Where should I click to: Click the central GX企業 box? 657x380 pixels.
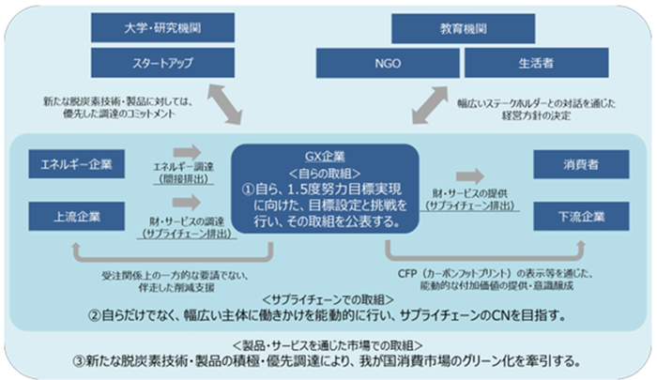326,189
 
